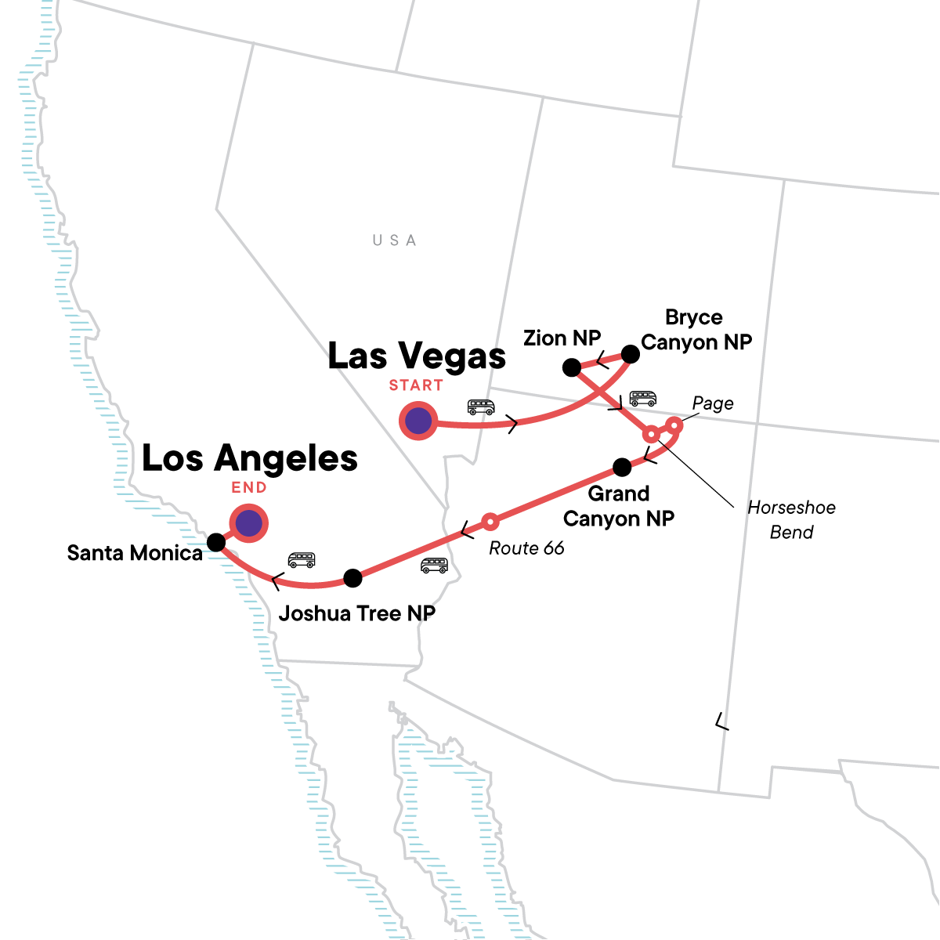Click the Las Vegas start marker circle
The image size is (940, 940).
[418, 421]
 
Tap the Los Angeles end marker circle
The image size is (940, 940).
[249, 522]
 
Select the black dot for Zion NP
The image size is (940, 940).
[572, 367]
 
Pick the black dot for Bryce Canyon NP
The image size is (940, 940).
[630, 354]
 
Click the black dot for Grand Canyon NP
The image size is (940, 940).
[622, 468]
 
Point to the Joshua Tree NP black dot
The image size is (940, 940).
[353, 578]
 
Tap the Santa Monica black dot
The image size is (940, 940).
[216, 542]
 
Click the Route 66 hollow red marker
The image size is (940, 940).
[490, 521]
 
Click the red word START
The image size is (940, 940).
[416, 385]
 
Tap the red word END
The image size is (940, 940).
[249, 487]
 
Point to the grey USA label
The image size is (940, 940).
[394, 240]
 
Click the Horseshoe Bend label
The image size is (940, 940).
[791, 519]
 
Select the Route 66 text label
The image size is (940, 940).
[526, 548]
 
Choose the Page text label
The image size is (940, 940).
[713, 403]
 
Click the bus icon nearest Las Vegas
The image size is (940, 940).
[481, 407]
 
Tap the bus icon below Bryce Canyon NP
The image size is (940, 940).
[643, 398]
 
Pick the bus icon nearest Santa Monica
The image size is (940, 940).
[302, 559]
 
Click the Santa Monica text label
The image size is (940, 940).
[135, 553]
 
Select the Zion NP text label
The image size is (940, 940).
[562, 338]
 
